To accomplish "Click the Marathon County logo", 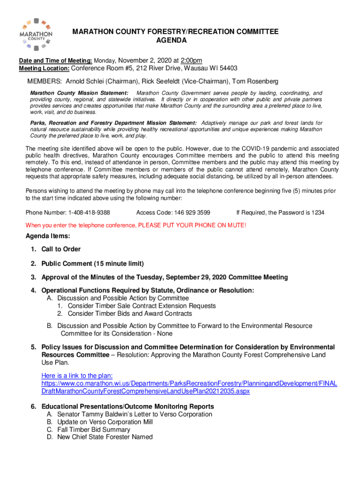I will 36,34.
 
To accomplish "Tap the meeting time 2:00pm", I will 192,60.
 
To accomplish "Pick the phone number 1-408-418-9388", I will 89,212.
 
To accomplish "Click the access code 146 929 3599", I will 193,212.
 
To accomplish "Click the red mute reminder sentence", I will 136,225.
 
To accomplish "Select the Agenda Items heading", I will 48,236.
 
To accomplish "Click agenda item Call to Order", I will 61,249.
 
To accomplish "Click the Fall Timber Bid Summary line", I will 94,429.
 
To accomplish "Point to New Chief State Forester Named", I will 105,437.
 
